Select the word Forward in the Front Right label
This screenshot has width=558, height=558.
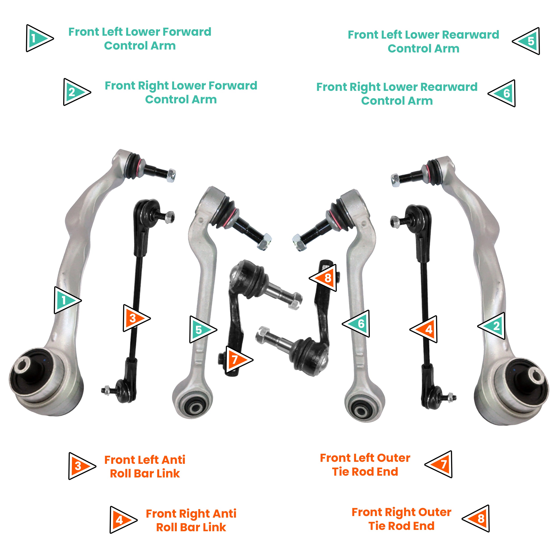[233, 85]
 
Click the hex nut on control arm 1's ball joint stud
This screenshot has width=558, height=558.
[171, 175]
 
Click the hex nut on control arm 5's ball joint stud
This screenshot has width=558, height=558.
[264, 242]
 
